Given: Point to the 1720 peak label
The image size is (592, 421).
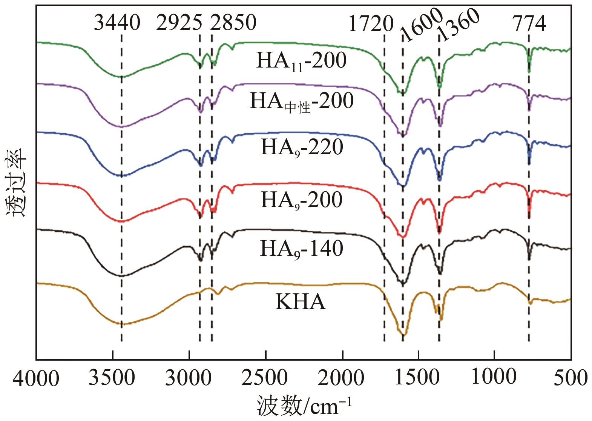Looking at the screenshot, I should [x=371, y=24].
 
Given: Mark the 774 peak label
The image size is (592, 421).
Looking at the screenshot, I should [x=529, y=24].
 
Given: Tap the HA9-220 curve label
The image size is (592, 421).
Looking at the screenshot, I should [x=302, y=148].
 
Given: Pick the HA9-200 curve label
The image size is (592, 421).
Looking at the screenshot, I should [x=301, y=200].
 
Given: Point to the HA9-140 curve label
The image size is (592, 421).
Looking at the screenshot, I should [x=301, y=249].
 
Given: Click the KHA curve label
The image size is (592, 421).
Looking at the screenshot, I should [x=300, y=302].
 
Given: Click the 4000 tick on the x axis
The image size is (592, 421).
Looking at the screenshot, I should [x=36, y=378].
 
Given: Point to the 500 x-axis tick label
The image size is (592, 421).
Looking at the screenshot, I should [x=570, y=378].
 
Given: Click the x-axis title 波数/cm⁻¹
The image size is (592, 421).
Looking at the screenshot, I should [x=304, y=407].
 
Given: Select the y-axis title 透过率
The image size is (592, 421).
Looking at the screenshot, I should [x=16, y=183].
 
